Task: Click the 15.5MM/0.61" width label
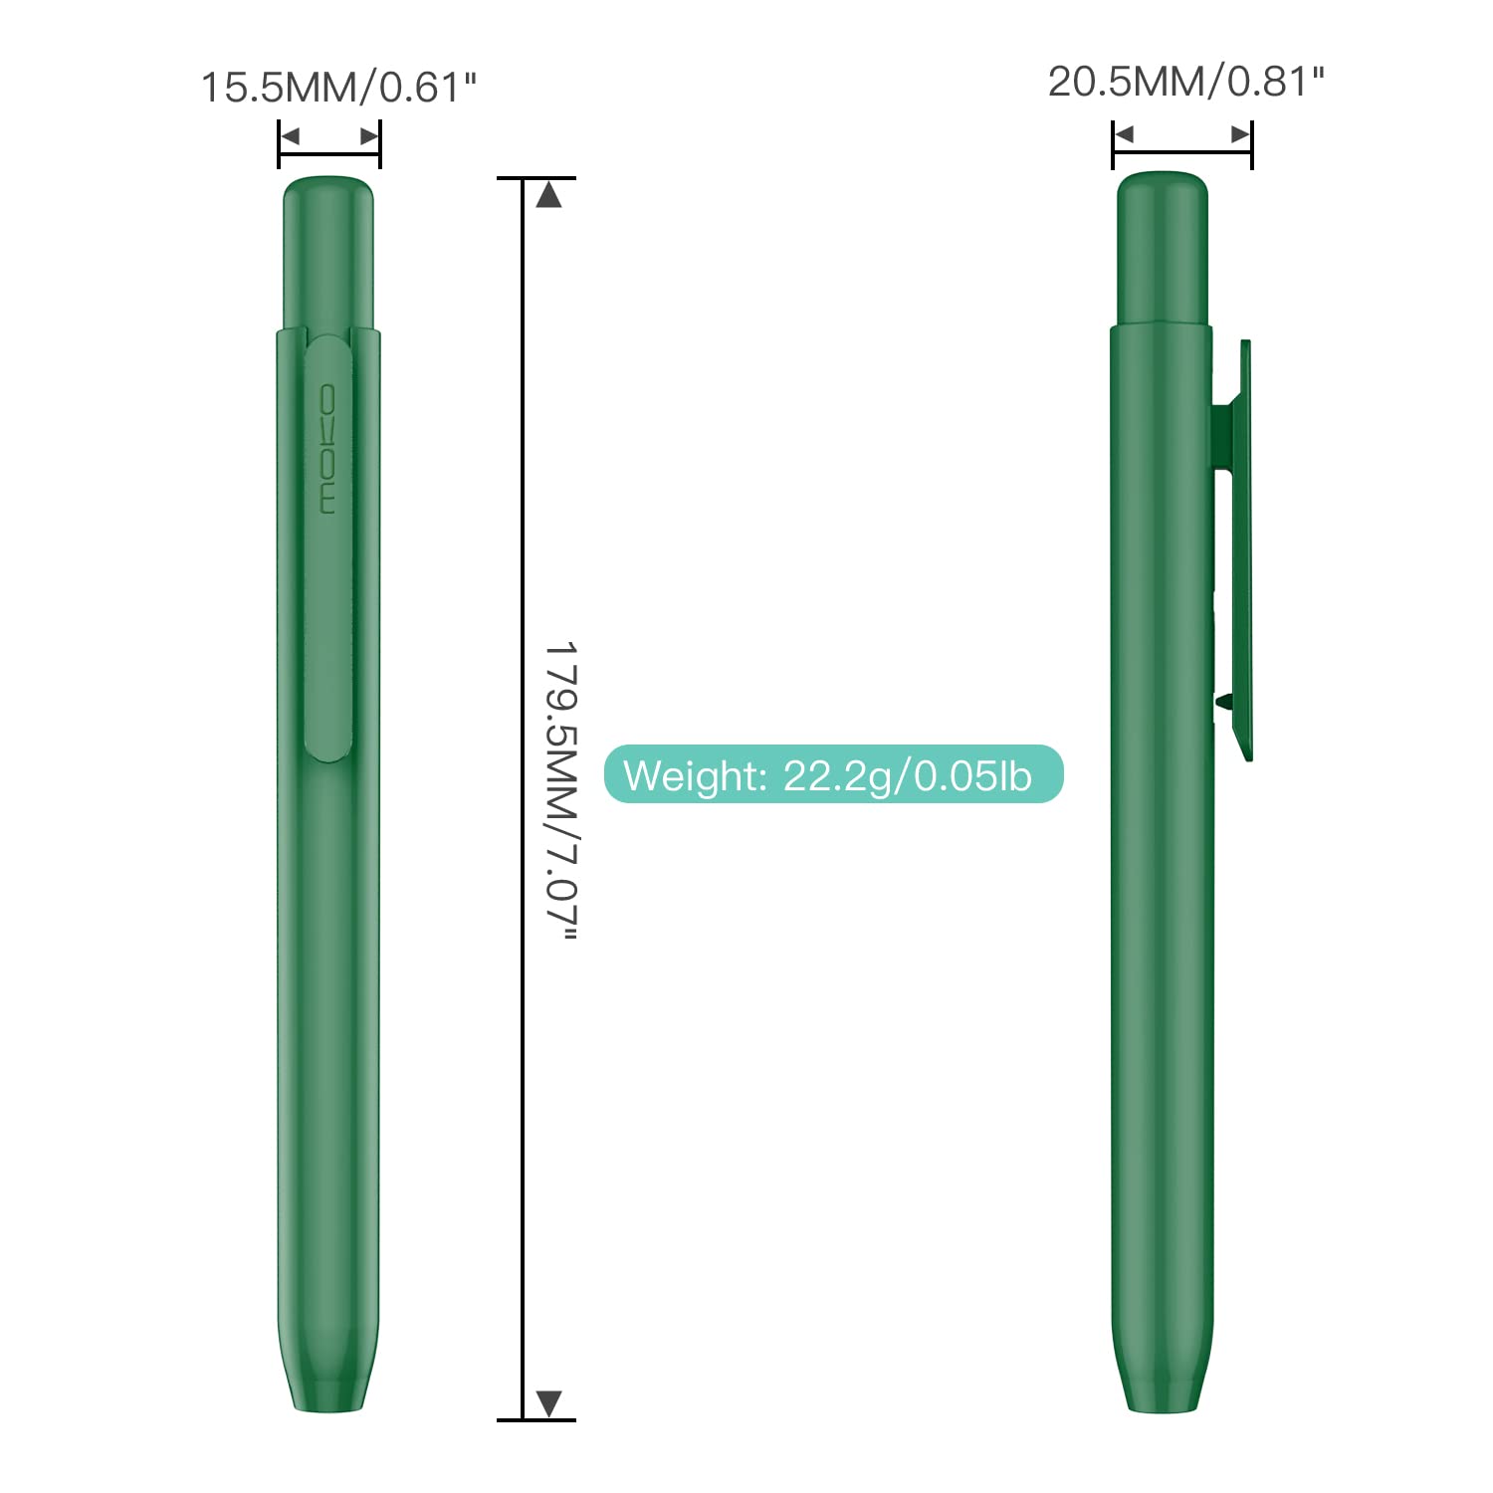(x=339, y=88)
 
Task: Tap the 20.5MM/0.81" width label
(x=1186, y=82)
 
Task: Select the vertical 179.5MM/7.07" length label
(x=561, y=790)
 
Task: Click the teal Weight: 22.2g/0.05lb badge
(x=834, y=774)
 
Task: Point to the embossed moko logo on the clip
(x=328, y=449)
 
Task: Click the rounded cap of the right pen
(x=1162, y=248)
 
